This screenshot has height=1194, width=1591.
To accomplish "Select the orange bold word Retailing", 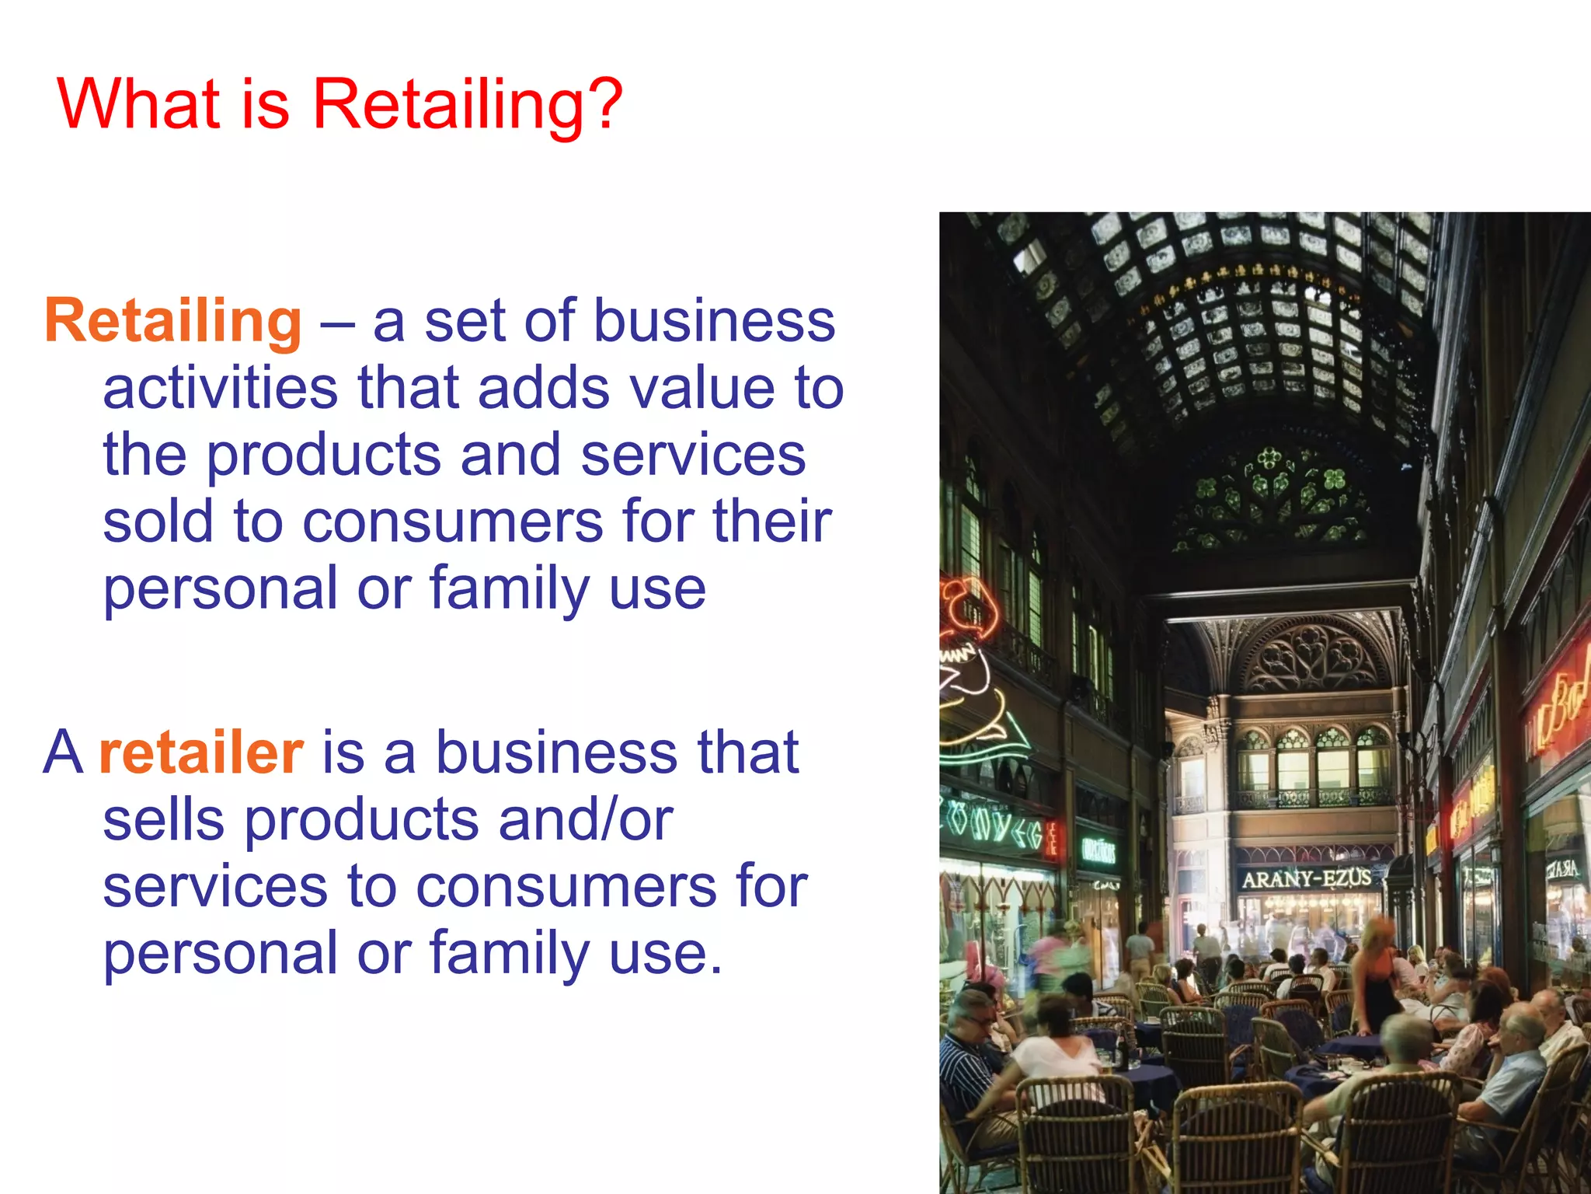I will pos(172,321).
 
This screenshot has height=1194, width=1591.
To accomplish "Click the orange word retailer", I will pos(201,752).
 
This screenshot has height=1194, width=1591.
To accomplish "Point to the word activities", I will pos(221,388).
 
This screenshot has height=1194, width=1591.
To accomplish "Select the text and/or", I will pos(585,819).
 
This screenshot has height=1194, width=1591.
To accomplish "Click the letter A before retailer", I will pos(63,752).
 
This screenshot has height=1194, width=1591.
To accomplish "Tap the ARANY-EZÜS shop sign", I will pos(1306,879).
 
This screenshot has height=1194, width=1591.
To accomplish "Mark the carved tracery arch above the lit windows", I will pos(1312,658).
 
